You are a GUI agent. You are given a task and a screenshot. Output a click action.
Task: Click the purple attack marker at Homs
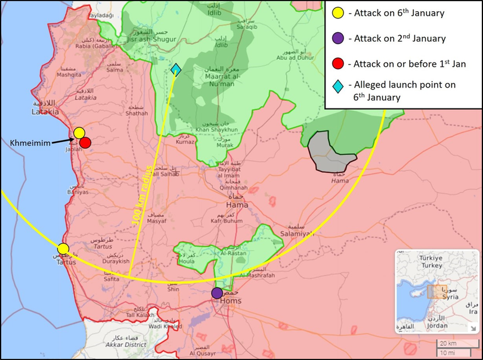point(217,293)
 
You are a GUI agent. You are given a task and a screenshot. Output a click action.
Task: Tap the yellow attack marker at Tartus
point(63,249)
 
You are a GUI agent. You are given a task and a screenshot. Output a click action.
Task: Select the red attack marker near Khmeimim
point(85,142)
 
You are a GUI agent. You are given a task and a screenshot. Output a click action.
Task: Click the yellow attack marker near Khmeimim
point(79,133)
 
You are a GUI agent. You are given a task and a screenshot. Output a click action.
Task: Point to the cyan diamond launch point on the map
point(175,70)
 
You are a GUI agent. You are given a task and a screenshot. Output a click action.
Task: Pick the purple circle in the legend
point(338,39)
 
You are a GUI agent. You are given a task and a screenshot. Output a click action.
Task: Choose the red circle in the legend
point(338,64)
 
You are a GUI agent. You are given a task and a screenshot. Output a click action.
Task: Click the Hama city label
point(237,205)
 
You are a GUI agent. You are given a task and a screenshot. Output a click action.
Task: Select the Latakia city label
point(45,111)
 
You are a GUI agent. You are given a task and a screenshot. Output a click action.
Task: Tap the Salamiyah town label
point(293,234)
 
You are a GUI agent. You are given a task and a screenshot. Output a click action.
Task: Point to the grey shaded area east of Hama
point(332,151)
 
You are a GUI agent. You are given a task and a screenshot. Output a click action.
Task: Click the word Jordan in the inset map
point(438,325)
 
